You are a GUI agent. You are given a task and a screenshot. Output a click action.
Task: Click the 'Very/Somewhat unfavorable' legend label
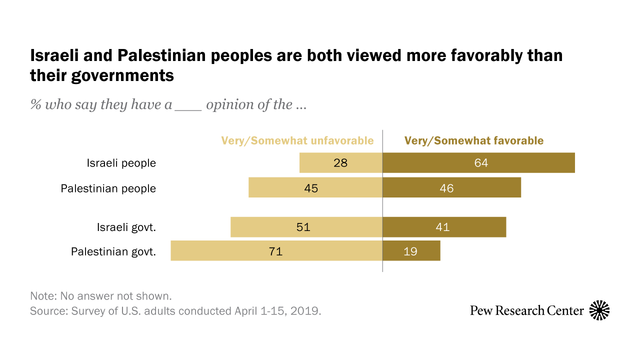(297, 141)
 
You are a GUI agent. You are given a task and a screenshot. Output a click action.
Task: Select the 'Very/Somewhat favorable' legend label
(473, 141)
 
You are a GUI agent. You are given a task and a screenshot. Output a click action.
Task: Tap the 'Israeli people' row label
(121, 163)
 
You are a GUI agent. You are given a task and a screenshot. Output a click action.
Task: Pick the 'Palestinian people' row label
(108, 188)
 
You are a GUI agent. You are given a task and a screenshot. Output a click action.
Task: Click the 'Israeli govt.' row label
(126, 227)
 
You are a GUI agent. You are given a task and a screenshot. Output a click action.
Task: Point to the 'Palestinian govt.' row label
(113, 251)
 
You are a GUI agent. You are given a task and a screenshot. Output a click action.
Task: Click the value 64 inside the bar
(481, 163)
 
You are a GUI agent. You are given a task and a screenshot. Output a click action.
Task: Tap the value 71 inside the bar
(275, 251)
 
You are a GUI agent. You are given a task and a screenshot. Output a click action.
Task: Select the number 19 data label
(410, 251)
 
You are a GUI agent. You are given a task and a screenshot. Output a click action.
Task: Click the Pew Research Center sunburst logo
(599, 310)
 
